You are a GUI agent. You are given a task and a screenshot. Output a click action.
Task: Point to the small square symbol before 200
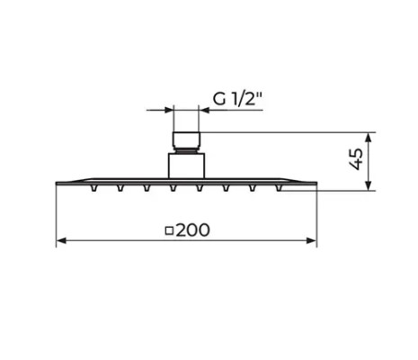click(170, 231)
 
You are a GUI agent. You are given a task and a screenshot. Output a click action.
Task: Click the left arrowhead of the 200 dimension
click(62, 241)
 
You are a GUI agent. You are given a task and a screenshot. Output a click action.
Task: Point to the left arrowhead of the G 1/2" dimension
click(170, 110)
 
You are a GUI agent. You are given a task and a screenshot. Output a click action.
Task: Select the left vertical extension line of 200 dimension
click(57, 216)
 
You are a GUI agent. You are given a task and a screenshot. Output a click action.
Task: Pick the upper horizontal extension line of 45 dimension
click(288, 132)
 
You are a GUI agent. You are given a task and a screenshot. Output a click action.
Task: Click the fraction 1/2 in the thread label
click(243, 99)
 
